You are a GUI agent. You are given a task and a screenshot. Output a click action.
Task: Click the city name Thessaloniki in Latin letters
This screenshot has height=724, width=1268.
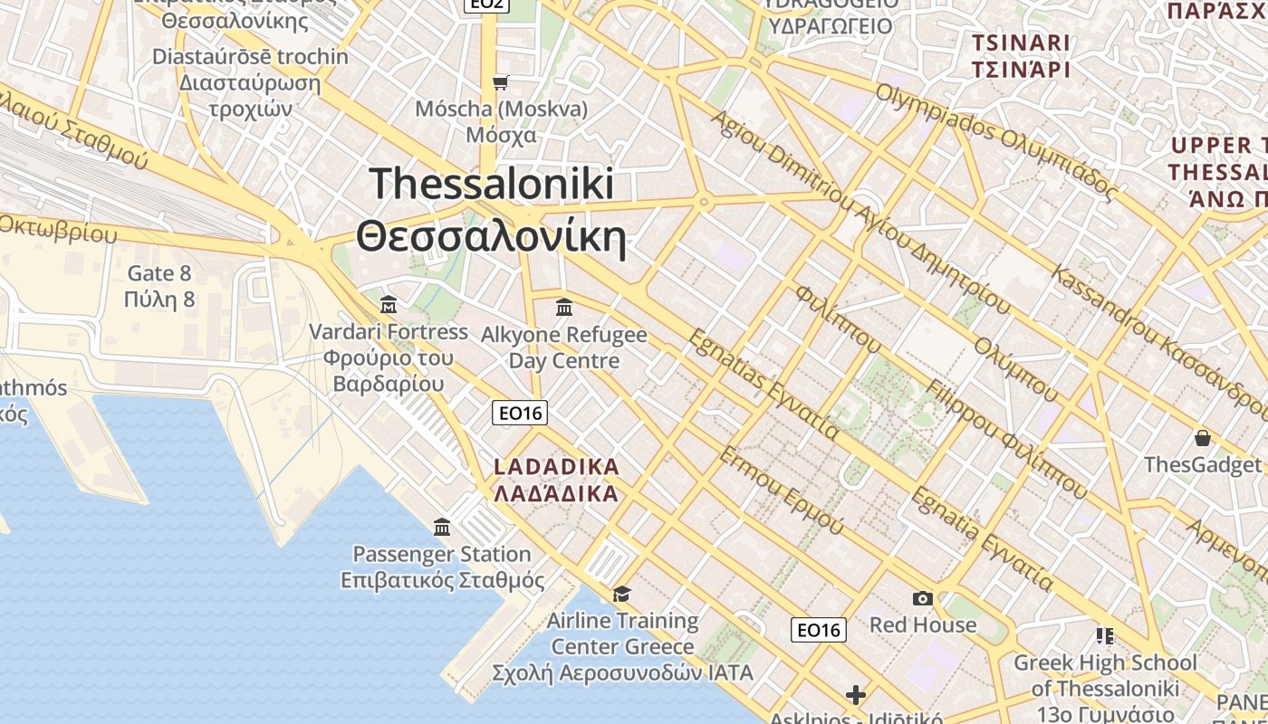click(x=492, y=184)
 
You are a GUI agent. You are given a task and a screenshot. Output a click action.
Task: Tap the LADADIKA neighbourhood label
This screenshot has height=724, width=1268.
click(x=557, y=468)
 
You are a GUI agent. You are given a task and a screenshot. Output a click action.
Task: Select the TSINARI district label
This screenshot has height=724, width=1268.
click(x=1021, y=43)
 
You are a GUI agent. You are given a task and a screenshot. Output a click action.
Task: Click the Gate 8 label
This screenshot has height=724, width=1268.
click(x=159, y=273)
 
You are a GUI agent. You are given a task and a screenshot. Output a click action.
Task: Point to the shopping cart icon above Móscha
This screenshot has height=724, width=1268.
click(x=500, y=83)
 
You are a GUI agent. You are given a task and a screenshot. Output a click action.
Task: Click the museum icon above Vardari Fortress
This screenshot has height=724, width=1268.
click(x=389, y=304)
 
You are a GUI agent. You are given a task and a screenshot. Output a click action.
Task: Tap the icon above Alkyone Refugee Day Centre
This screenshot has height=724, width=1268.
click(x=564, y=308)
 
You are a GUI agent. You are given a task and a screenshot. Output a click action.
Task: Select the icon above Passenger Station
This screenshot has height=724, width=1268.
click(x=442, y=527)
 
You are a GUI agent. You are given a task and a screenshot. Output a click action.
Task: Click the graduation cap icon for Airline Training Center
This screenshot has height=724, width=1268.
click(x=621, y=594)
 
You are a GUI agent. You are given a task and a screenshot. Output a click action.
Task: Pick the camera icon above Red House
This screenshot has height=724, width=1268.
click(x=923, y=598)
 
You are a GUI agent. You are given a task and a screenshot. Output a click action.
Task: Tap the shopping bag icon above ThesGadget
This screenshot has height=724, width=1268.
click(x=1202, y=439)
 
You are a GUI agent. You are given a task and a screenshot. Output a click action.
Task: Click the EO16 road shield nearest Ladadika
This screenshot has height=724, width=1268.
click(x=520, y=414)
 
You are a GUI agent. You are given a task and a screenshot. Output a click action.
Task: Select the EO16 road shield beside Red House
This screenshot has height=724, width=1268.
click(x=819, y=630)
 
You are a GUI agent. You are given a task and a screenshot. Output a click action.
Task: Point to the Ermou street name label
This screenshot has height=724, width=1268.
click(x=781, y=489)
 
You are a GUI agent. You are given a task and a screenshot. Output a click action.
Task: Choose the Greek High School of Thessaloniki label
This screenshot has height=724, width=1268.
click(x=1105, y=675)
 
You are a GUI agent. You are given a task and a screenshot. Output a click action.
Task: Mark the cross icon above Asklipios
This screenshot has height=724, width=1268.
click(x=855, y=695)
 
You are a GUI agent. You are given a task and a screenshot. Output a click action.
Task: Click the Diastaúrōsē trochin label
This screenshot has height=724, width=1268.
click(x=250, y=57)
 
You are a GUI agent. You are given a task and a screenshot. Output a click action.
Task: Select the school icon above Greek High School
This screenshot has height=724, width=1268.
click(x=1104, y=636)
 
